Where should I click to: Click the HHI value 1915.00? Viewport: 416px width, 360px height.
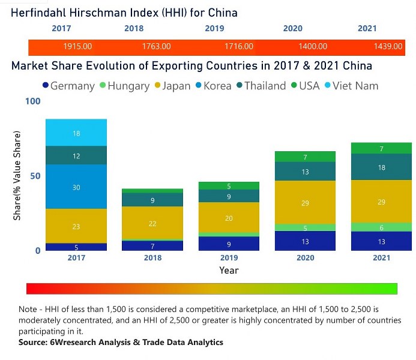click(x=77, y=46)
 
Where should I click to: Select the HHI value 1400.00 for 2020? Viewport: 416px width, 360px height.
click(x=313, y=46)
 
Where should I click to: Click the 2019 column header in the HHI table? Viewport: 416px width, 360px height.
click(x=214, y=28)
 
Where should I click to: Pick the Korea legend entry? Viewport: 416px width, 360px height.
click(x=213, y=86)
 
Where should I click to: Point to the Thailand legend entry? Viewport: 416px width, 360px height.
click(x=260, y=86)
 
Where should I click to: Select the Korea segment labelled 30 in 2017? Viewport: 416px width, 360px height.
click(x=76, y=187)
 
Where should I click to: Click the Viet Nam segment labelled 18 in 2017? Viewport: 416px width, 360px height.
click(x=76, y=133)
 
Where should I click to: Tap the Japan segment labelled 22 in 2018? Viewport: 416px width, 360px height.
click(x=152, y=223)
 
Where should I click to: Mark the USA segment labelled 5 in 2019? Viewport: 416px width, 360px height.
click(x=228, y=186)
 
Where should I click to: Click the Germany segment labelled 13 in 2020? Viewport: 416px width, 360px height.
click(x=305, y=241)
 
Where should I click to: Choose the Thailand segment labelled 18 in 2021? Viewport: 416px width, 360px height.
click(x=381, y=167)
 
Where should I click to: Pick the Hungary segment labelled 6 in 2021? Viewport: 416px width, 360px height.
click(x=381, y=227)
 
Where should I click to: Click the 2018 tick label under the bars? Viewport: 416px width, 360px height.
click(x=152, y=257)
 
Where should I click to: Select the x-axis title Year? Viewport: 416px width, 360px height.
click(x=229, y=270)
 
